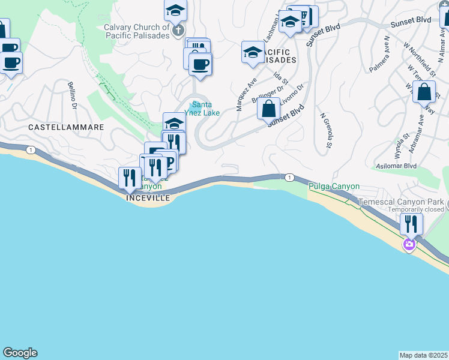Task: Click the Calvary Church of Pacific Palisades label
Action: pos(136,31)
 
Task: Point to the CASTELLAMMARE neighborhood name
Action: pos(66,128)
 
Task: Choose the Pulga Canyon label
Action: pos(334,187)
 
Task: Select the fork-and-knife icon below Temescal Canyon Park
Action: pos(411,224)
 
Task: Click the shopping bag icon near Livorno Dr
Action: pos(269,109)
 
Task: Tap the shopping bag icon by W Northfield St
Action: pos(424,92)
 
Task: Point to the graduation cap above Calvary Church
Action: pos(175,10)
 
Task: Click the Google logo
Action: pos(20,353)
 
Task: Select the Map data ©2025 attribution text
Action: pos(424,355)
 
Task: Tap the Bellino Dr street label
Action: pos(73,95)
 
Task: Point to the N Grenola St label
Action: pos(327,130)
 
